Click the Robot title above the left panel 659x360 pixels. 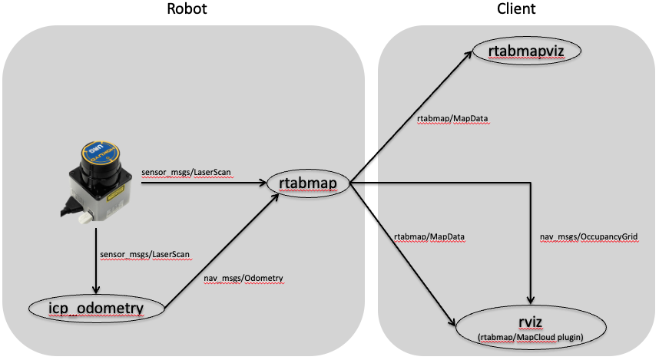(187, 10)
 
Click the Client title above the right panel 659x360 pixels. (516, 10)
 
